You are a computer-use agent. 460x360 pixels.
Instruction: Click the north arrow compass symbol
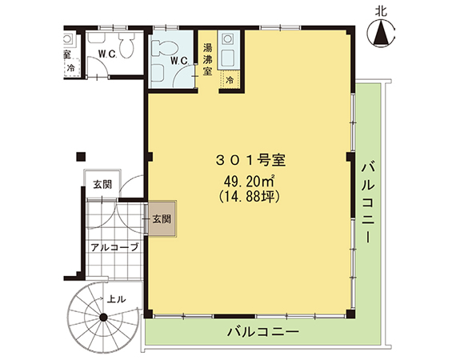pyautogui.click(x=382, y=33)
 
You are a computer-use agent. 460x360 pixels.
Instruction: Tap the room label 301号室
pyautogui.click(x=250, y=161)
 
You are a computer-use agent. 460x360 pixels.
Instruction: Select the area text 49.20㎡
pyautogui.click(x=249, y=182)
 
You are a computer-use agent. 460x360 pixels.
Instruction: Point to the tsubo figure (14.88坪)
pyautogui.click(x=249, y=197)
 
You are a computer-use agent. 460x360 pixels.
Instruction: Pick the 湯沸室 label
pyautogui.click(x=207, y=59)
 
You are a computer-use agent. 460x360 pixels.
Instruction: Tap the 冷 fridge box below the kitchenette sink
pyautogui.click(x=230, y=79)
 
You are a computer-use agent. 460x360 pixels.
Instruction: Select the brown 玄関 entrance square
pyautogui.click(x=162, y=218)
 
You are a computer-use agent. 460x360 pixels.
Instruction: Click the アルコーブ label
pyautogui.click(x=114, y=247)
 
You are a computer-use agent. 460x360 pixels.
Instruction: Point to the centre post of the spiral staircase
pyautogui.click(x=103, y=317)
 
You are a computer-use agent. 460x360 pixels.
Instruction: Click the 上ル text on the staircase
pyautogui.click(x=117, y=299)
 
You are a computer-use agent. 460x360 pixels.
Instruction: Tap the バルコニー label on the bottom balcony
pyautogui.click(x=263, y=332)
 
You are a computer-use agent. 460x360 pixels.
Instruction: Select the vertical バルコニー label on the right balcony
pyautogui.click(x=368, y=203)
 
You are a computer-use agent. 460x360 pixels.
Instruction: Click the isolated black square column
pyautogui.click(x=81, y=157)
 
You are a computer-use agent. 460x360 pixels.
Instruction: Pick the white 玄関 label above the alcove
pyautogui.click(x=102, y=185)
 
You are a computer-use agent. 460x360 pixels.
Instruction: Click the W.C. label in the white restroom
pyautogui.click(x=108, y=54)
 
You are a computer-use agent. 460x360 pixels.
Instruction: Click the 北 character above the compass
pyautogui.click(x=382, y=12)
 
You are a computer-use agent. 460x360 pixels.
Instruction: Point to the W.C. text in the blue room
pyautogui.click(x=179, y=61)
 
